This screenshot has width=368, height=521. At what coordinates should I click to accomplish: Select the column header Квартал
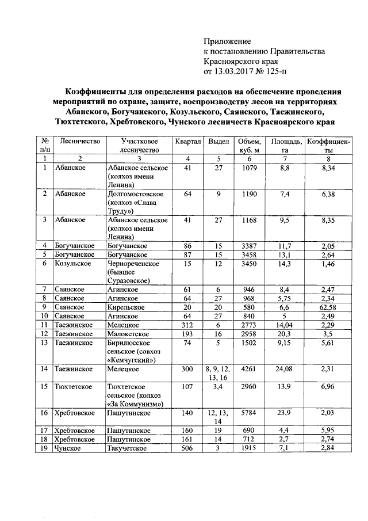click(187, 142)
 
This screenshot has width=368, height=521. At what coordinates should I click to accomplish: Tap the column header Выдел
click(218, 142)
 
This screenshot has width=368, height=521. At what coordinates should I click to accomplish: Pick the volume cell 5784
click(249, 412)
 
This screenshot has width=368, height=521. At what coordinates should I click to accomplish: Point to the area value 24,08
click(280, 367)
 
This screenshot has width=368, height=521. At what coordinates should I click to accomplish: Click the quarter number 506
click(187, 448)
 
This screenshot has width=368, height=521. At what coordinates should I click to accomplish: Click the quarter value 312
click(187, 325)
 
